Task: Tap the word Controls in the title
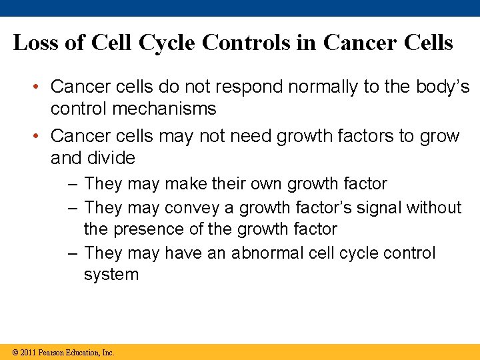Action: [x=247, y=43]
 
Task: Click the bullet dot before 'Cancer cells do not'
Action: [x=39, y=87]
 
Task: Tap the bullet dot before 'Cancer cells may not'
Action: [x=39, y=137]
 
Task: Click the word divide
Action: [x=111, y=159]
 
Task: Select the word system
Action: [x=111, y=275]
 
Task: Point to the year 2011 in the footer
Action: [x=28, y=353]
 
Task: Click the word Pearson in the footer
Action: [x=51, y=353]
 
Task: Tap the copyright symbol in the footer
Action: [x=15, y=353]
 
